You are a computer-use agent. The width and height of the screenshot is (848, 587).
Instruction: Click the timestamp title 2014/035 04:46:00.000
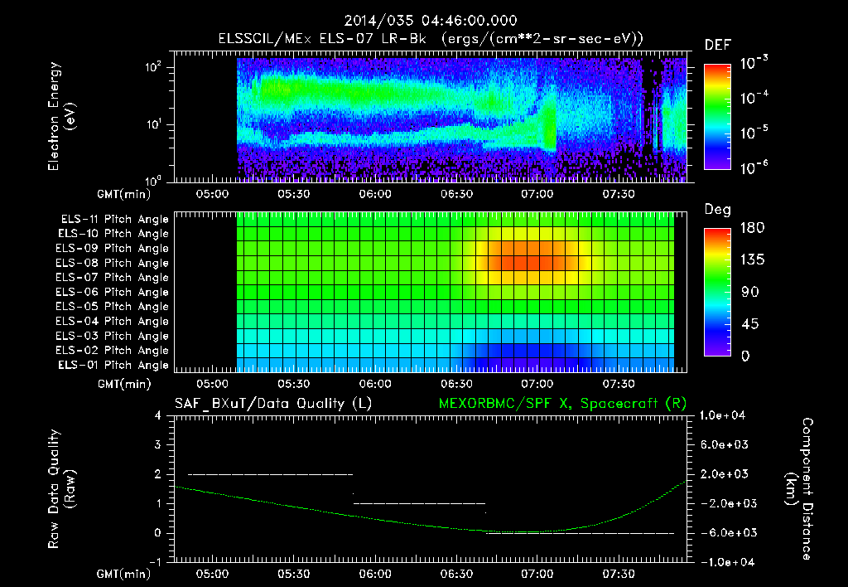point(424,21)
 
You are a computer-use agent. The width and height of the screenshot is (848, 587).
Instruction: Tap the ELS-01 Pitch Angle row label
point(112,365)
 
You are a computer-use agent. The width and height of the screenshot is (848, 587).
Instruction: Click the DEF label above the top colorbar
point(717,45)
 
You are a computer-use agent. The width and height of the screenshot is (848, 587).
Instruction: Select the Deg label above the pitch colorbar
point(717,210)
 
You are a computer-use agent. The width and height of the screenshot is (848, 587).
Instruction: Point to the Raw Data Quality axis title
point(63,489)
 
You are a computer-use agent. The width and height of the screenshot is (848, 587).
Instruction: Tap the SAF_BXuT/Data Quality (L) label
point(272,403)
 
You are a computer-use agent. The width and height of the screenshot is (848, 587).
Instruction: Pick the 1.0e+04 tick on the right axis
point(725,415)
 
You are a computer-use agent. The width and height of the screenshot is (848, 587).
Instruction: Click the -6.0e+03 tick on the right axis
point(725,532)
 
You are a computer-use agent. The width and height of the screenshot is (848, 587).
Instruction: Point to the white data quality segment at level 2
point(271,474)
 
